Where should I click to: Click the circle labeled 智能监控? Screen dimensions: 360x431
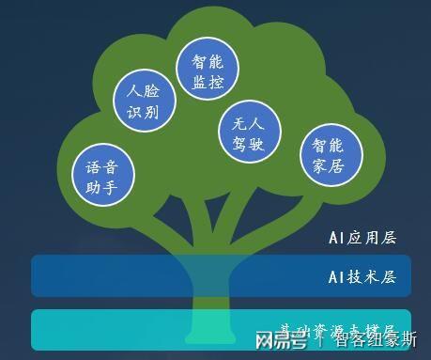pos(208,71)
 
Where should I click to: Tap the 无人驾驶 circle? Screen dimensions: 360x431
pos(249,132)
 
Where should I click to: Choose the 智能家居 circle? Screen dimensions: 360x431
pos(329,157)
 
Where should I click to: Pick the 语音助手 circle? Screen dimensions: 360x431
pos(102,176)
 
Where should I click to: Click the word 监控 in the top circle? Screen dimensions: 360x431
pos(208,83)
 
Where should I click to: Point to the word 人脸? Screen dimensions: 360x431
pos(144,92)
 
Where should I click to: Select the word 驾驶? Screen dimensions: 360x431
pos(249,144)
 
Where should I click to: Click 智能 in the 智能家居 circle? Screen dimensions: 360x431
pos(329,146)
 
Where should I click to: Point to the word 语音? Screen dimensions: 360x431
pos(102,166)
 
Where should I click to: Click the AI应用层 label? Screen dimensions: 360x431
pos(362,238)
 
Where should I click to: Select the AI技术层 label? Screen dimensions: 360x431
pos(362,277)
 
